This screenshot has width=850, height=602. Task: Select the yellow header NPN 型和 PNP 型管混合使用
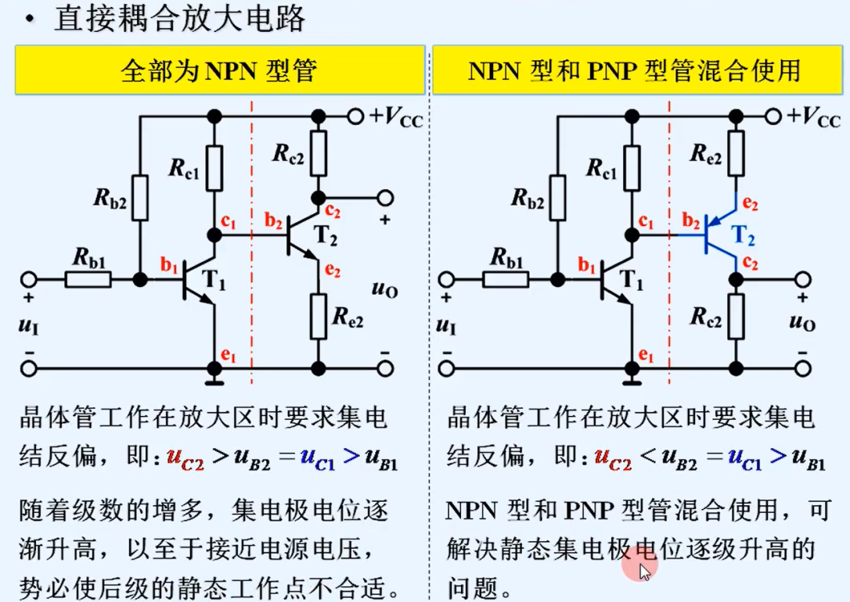pos(635,70)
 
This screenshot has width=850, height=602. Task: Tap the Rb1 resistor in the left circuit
pos(88,278)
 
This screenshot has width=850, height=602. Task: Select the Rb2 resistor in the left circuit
pos(139,196)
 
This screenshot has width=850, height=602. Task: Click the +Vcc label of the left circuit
pos(398,118)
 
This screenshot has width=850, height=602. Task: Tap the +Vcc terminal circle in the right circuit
pos(773,116)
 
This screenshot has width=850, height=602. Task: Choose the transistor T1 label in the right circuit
pos(631,279)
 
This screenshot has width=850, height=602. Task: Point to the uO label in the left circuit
pos(385,290)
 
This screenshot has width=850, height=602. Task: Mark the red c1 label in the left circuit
pos(229,221)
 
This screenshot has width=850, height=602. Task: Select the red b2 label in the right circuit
pos(691,221)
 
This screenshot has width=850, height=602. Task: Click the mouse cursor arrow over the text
pos(643,570)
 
